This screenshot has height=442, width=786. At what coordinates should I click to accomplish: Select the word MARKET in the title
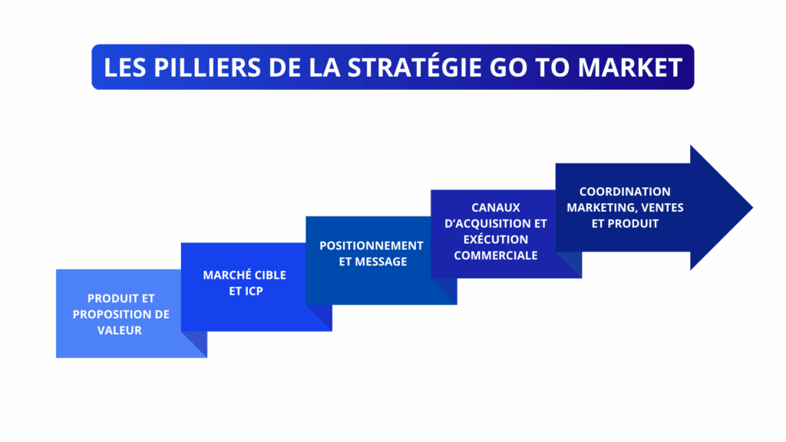point(629,68)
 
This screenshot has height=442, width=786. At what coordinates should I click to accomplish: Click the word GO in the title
point(506,68)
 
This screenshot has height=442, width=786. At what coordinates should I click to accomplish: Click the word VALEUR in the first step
point(121,331)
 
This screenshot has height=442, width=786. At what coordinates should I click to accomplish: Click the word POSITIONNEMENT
point(372,246)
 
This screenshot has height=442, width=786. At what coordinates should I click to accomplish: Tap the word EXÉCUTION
point(496,239)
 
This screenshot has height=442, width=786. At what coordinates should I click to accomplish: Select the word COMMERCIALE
point(496,256)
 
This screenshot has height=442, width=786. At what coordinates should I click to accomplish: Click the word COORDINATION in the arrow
point(625,191)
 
